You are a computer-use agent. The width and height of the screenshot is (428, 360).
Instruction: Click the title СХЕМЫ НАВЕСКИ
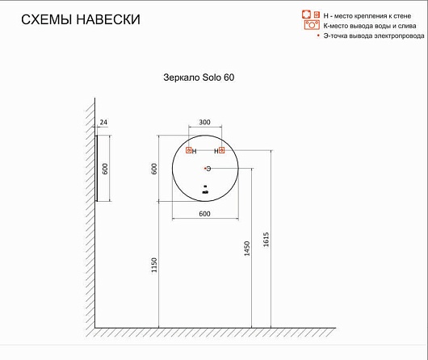coord(81,19)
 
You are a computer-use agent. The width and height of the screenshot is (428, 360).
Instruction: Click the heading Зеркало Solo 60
coord(199,77)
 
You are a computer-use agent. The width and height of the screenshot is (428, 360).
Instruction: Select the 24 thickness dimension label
coord(103,122)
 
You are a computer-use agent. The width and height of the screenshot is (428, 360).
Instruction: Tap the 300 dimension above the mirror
coord(205,122)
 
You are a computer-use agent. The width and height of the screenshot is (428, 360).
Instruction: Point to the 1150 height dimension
coord(154,265)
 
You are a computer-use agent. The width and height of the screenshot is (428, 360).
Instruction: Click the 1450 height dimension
coord(247,249)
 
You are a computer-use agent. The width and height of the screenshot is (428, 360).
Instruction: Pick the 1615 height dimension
coord(266,240)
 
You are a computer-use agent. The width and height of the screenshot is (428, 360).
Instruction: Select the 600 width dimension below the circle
coord(205,214)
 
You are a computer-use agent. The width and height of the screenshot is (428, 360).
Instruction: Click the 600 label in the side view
coord(105,169)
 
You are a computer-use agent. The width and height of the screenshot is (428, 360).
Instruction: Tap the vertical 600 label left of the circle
coord(154,169)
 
